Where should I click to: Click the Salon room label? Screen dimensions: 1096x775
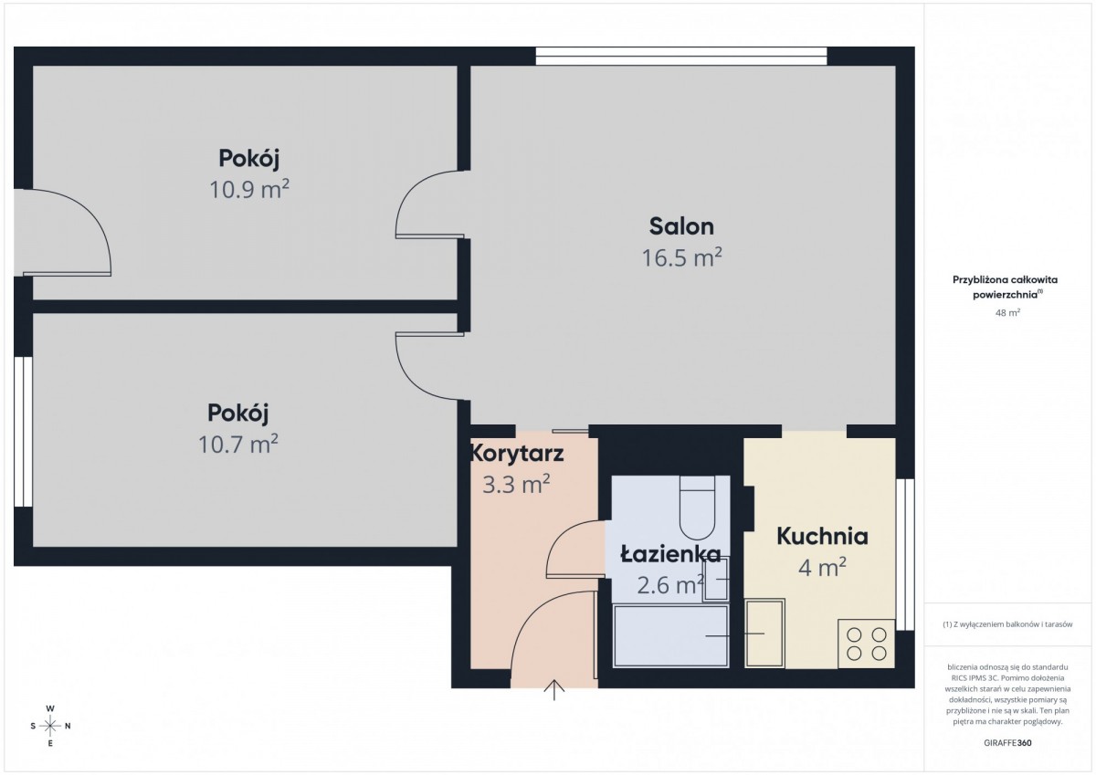coord(681,226)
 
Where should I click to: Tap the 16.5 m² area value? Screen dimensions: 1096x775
coord(681,257)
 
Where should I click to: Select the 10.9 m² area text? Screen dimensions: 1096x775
coord(249,189)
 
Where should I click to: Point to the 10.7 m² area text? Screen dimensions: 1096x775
coord(237,444)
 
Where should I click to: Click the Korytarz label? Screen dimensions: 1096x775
coord(517,454)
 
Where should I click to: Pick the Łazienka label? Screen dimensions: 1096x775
coord(670,553)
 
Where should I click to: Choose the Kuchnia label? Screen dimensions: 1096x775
coord(823,537)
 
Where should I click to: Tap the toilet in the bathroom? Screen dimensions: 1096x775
coord(697,508)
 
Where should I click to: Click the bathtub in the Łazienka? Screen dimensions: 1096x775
coord(670,636)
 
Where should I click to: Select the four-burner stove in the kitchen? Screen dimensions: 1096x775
coord(867,644)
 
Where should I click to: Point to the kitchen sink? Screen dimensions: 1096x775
coord(764,634)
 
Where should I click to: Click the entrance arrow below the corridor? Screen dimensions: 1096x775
coord(553,690)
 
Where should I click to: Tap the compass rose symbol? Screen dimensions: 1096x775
coord(50,726)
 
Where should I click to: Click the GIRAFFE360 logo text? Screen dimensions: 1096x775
coord(1007,743)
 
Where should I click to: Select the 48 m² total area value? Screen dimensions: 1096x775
coord(1007,312)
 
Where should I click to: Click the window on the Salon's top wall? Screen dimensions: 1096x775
coord(681,57)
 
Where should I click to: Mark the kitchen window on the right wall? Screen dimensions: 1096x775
coord(905,554)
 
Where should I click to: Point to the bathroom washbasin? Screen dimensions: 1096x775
coord(715,579)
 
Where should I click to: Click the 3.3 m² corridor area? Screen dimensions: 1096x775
coord(516,484)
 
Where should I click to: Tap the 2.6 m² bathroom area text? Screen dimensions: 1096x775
coord(669,585)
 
